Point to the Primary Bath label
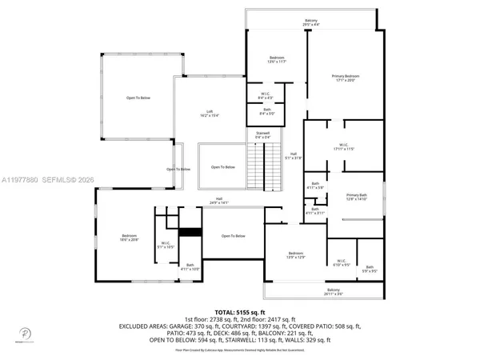point(356,198)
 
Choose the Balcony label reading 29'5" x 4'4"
point(310,22)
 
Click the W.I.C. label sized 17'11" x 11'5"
point(345,147)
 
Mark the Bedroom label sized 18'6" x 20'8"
point(130,238)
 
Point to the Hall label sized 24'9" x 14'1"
point(218,202)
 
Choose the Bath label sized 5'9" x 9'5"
point(369,270)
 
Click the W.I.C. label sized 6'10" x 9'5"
point(340,262)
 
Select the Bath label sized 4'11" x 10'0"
point(190,267)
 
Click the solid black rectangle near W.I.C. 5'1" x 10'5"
point(190,232)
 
